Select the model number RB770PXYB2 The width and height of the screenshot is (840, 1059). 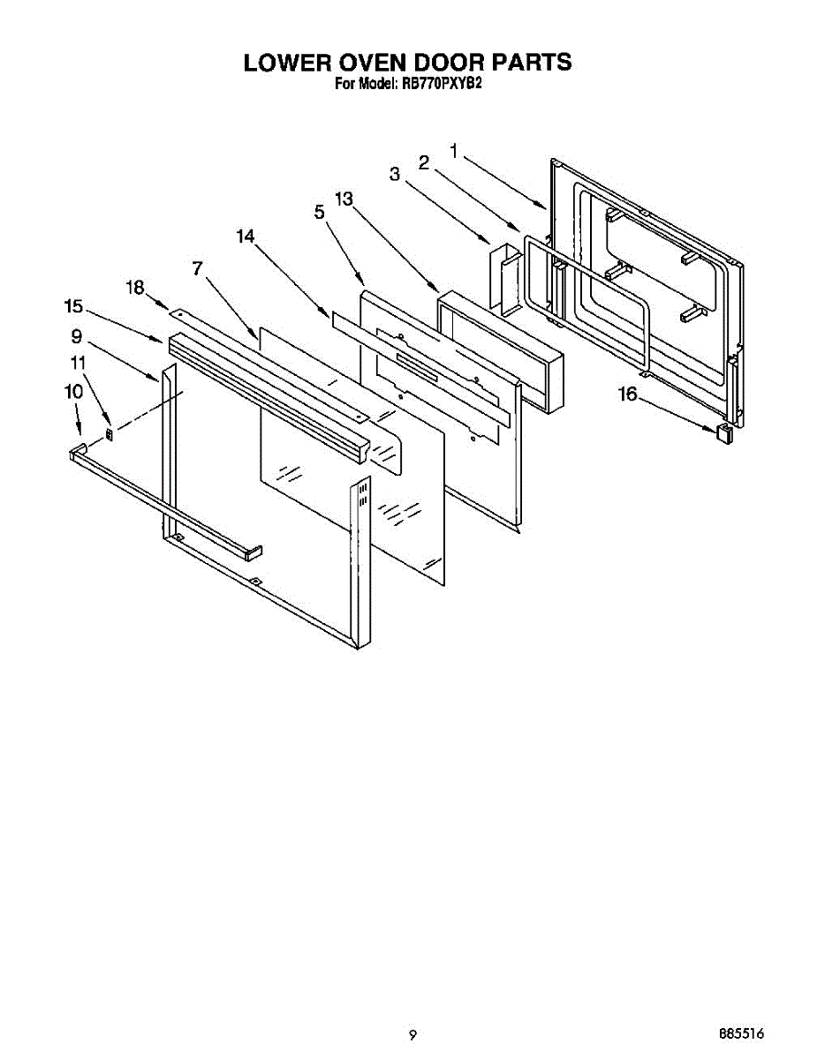440,86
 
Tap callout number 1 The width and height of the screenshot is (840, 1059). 454,152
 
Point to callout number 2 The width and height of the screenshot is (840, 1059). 424,162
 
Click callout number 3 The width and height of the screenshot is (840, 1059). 395,175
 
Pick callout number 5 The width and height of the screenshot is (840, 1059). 319,212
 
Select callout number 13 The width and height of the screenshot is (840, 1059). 344,199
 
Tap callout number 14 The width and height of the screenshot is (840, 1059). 246,237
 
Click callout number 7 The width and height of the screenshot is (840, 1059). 198,268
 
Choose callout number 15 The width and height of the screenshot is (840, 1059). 73,306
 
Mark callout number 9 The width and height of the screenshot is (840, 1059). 77,336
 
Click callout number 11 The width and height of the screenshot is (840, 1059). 79,363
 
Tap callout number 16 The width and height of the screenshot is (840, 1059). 627,394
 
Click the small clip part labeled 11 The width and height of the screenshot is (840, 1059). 110,433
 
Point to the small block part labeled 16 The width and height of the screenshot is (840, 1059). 724,433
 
